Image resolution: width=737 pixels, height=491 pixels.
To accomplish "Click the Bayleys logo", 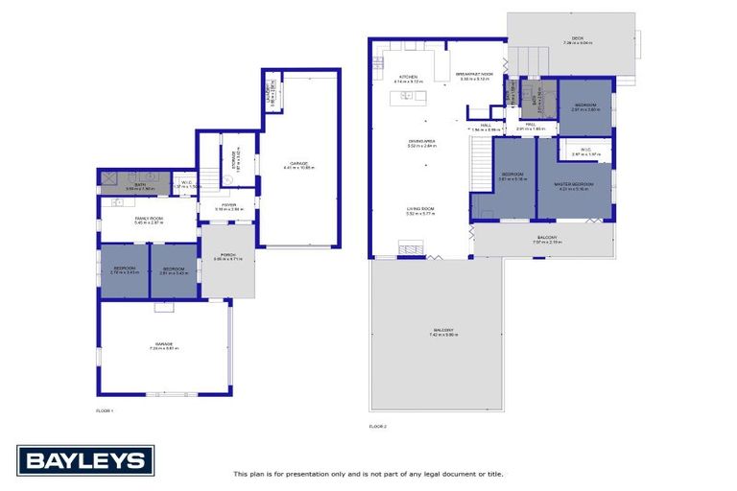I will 84,460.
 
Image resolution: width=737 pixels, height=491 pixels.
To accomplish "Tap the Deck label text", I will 571,39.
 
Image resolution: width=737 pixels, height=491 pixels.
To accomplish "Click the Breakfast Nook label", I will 474,74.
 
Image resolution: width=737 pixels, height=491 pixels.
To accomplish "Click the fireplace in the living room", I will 410,251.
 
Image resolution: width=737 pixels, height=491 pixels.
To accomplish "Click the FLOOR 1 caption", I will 105,411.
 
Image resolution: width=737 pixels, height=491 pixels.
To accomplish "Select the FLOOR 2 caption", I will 378,426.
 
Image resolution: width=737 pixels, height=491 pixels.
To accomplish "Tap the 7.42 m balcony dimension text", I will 444,335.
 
